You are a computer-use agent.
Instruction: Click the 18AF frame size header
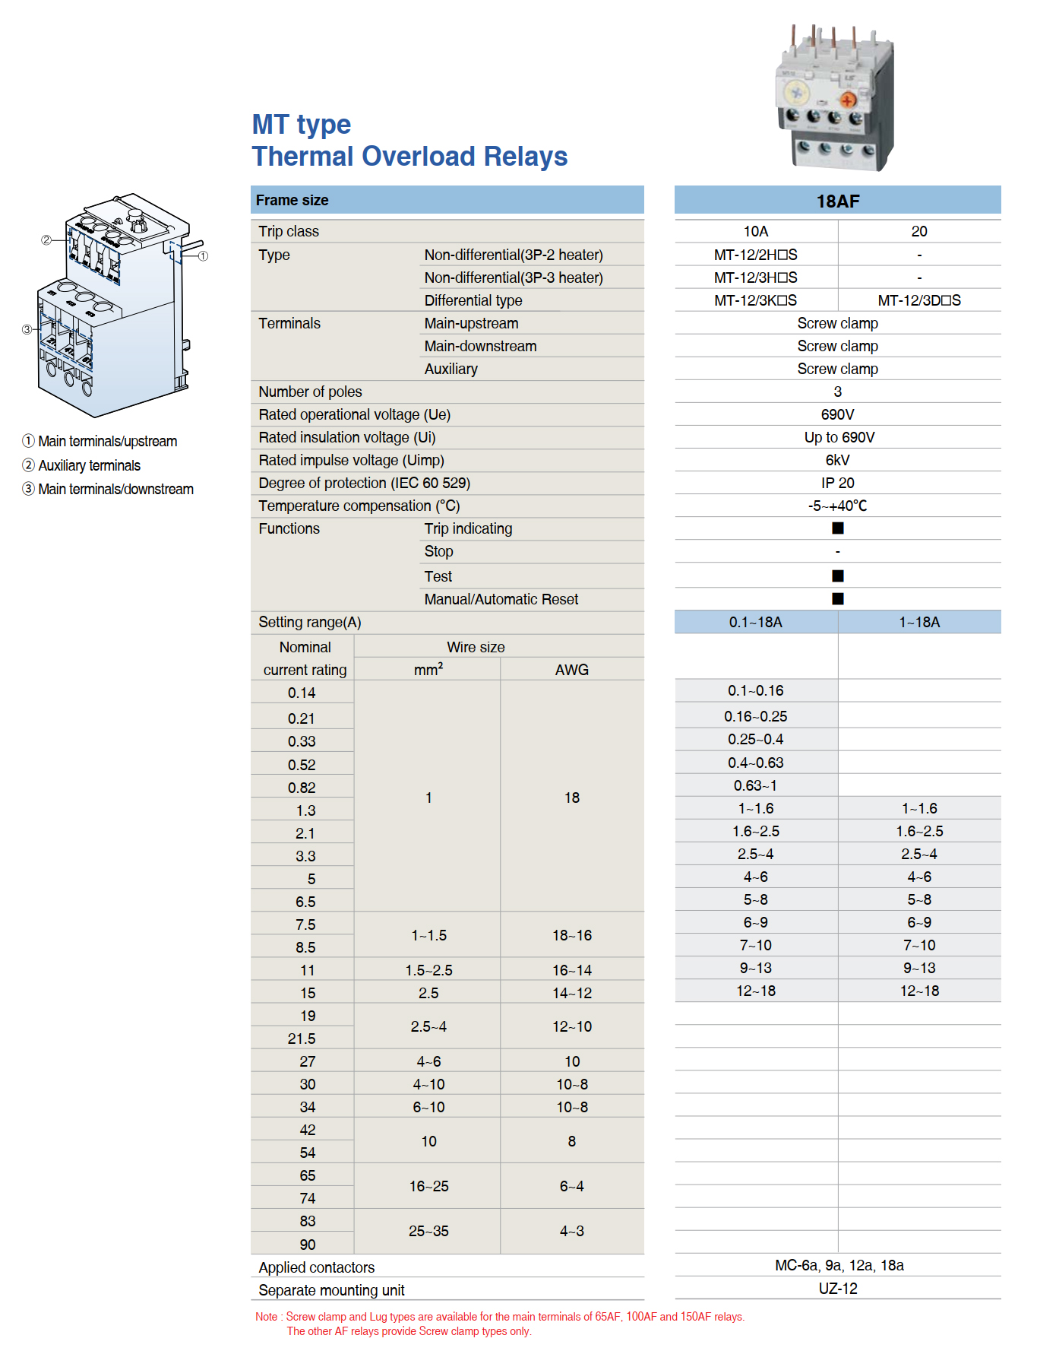click(x=837, y=201)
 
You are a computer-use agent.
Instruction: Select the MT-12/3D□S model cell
click(x=918, y=300)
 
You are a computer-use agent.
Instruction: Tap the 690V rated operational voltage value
click(x=837, y=414)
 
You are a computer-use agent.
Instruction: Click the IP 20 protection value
click(x=837, y=483)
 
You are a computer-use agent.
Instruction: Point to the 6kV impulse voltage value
click(x=837, y=460)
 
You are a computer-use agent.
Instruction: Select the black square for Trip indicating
click(x=837, y=528)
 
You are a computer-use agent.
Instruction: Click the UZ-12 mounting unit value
click(x=837, y=1289)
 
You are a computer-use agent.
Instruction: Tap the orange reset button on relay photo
click(x=848, y=100)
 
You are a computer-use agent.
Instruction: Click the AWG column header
click(x=571, y=670)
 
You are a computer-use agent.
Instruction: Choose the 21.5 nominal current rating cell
click(x=302, y=1039)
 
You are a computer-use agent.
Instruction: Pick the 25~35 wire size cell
click(x=428, y=1231)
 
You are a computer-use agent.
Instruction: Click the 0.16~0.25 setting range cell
click(x=755, y=716)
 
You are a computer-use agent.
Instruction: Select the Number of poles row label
click(x=310, y=392)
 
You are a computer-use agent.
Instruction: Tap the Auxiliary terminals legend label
click(x=89, y=465)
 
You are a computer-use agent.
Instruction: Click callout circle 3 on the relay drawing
click(x=27, y=329)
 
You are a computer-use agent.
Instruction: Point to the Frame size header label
click(x=292, y=200)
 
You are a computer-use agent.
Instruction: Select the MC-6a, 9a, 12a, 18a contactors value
click(x=839, y=1265)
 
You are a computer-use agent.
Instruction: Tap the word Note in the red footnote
click(x=266, y=1317)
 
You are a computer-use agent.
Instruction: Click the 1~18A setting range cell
click(x=919, y=622)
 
